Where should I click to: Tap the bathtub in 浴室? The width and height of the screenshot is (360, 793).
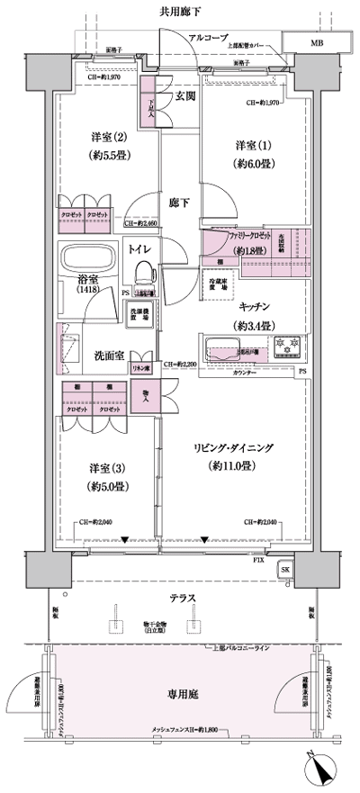[x=88, y=259]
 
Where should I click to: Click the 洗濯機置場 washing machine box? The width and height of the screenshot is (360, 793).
[x=140, y=317]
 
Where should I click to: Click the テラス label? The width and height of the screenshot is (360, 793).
[x=181, y=599]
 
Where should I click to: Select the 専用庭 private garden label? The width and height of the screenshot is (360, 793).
[x=181, y=695]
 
